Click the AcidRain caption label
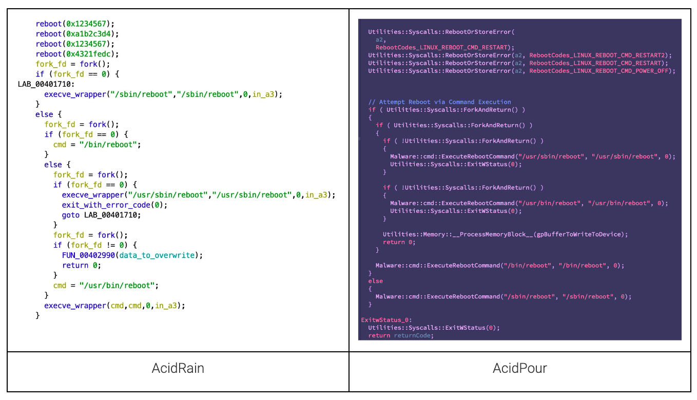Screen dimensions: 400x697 [x=178, y=368]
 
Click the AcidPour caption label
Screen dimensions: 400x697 [x=519, y=368]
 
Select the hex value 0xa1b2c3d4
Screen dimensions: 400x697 [x=88, y=34]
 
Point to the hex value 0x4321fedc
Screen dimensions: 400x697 [x=88, y=54]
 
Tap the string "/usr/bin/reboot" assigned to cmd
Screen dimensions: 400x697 [x=121, y=286]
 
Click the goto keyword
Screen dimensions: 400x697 [x=71, y=215]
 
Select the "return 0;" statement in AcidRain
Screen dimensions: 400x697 [x=82, y=266]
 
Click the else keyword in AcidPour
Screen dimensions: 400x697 [x=375, y=281]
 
